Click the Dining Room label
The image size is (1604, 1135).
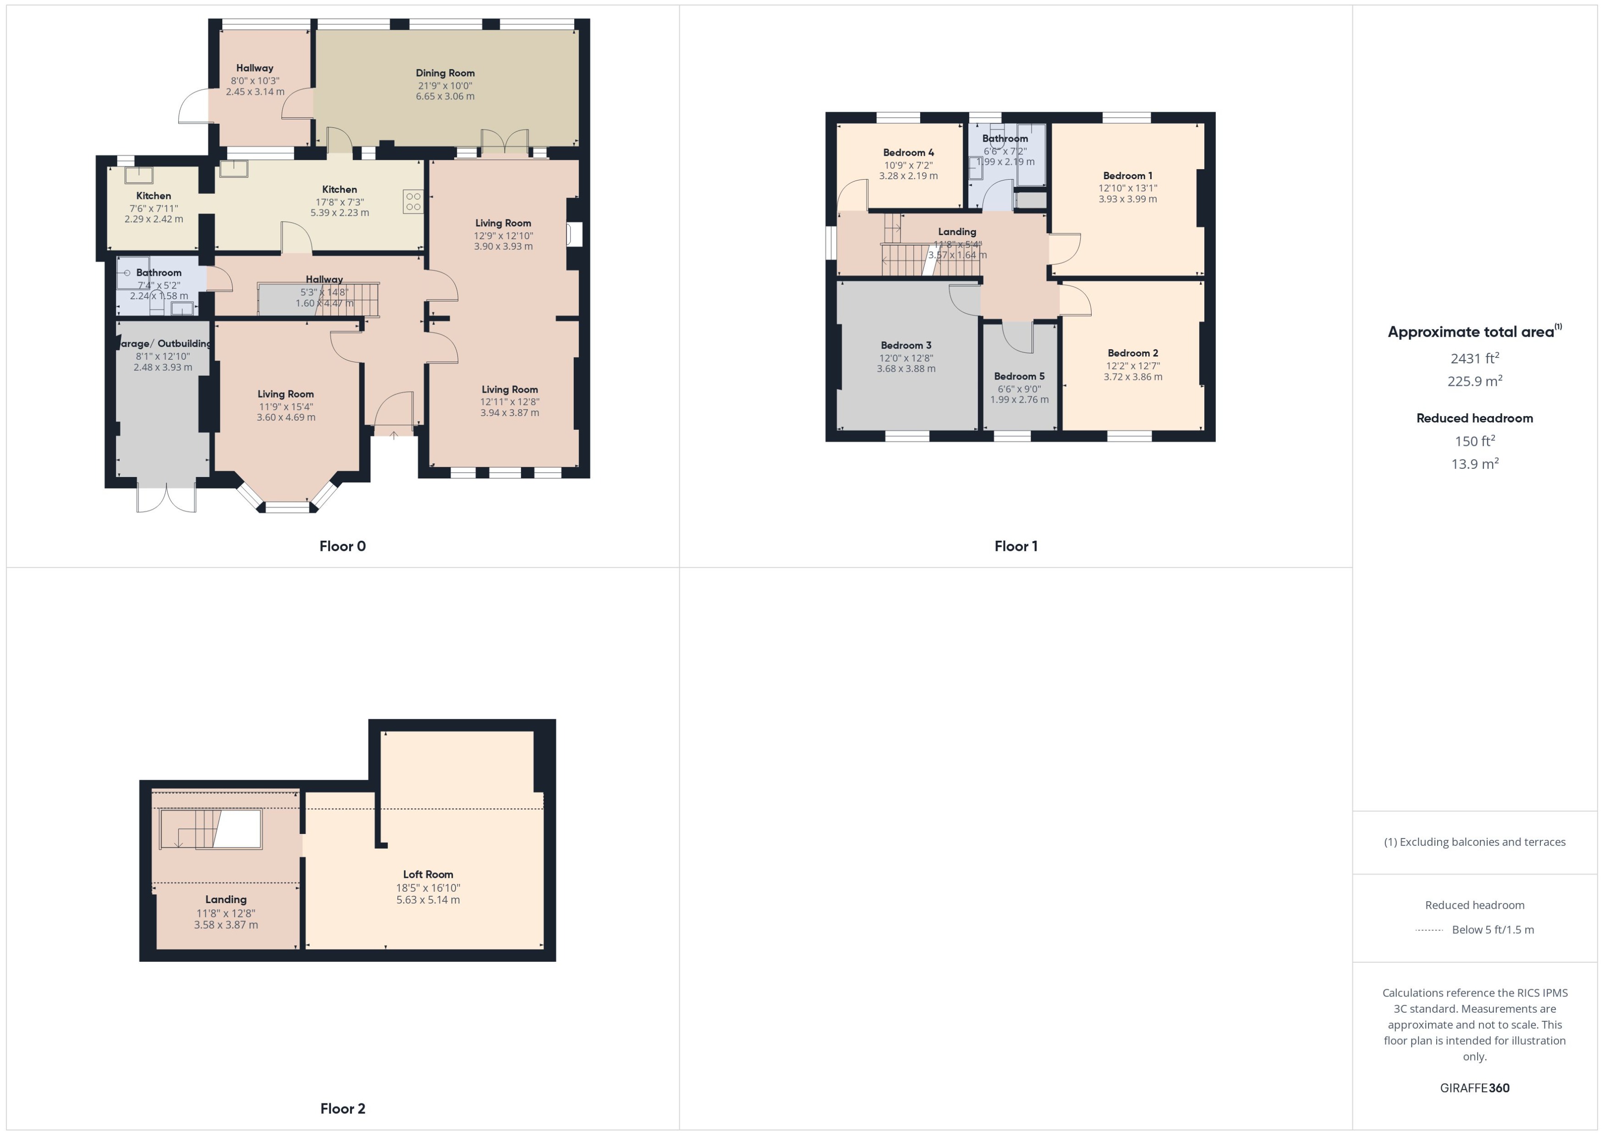(x=445, y=73)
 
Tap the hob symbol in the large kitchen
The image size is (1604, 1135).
(x=412, y=202)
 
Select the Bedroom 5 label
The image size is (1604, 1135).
(x=1019, y=376)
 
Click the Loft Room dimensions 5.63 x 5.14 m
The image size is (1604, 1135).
(x=428, y=899)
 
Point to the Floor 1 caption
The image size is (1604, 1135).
(x=1016, y=546)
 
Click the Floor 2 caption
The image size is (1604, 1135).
(x=342, y=1108)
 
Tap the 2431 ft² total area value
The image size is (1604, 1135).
(x=1474, y=358)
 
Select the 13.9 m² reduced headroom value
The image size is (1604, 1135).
(x=1474, y=463)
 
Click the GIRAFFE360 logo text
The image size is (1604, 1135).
(x=1474, y=1087)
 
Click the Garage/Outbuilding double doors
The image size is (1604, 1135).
(x=166, y=498)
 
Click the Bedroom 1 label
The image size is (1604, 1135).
(x=1127, y=175)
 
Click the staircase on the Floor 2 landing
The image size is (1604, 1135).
(x=210, y=829)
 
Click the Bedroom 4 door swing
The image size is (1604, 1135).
(x=852, y=195)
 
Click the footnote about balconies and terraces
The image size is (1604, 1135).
(x=1474, y=841)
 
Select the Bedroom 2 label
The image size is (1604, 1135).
(x=1132, y=353)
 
